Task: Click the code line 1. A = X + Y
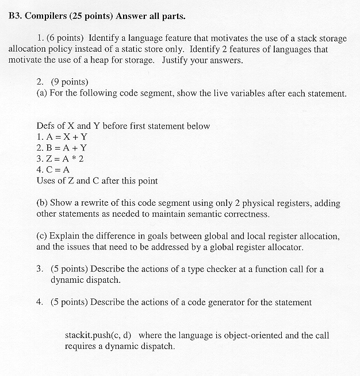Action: tap(62, 137)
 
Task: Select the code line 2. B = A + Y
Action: tap(62, 148)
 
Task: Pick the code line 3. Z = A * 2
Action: tap(60, 159)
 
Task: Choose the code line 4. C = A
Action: tap(53, 170)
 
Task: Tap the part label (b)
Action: tap(42, 203)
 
